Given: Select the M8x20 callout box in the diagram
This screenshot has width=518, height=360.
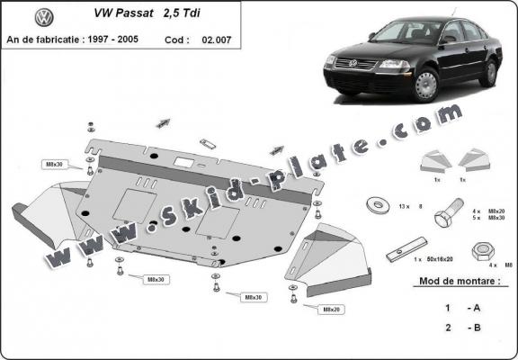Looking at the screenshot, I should (330, 309).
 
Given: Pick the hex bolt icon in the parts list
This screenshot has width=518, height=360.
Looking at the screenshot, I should (447, 217).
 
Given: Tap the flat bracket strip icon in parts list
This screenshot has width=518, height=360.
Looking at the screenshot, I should (404, 251).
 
